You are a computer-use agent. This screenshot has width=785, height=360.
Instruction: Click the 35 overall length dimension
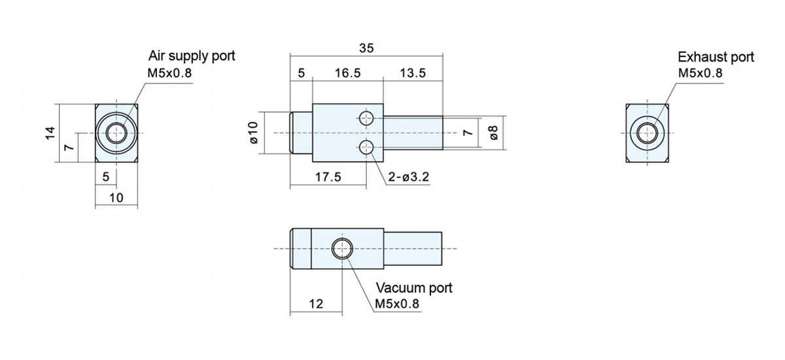click(366, 48)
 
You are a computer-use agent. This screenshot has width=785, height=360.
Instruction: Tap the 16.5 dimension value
click(347, 73)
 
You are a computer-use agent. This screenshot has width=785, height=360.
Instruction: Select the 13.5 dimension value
click(413, 73)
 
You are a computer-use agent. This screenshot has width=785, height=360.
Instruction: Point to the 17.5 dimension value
click(328, 177)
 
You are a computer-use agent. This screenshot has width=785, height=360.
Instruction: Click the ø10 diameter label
click(253, 132)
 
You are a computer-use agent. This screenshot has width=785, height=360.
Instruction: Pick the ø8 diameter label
click(493, 132)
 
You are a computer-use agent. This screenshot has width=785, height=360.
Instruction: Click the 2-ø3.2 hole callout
click(408, 177)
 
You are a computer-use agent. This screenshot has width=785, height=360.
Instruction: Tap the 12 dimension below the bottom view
click(316, 304)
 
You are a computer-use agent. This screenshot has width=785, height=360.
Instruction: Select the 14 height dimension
click(50, 133)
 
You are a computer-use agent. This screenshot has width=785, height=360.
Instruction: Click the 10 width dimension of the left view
click(116, 198)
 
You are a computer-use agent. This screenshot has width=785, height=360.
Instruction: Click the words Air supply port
click(191, 56)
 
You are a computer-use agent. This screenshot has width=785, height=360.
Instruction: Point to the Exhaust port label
click(716, 57)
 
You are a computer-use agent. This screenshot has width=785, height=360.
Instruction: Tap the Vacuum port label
click(414, 288)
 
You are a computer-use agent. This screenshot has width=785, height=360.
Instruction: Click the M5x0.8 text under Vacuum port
click(396, 304)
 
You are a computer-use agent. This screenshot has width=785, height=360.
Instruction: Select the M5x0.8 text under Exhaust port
click(700, 73)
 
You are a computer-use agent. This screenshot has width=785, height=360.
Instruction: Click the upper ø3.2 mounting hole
click(366, 118)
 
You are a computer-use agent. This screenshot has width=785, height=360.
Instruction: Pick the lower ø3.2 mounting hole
click(366, 147)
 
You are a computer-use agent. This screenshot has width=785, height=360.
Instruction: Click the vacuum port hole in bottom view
click(342, 249)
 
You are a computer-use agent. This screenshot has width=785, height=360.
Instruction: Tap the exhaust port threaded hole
click(647, 134)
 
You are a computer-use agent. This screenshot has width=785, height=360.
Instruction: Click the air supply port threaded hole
click(116, 134)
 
